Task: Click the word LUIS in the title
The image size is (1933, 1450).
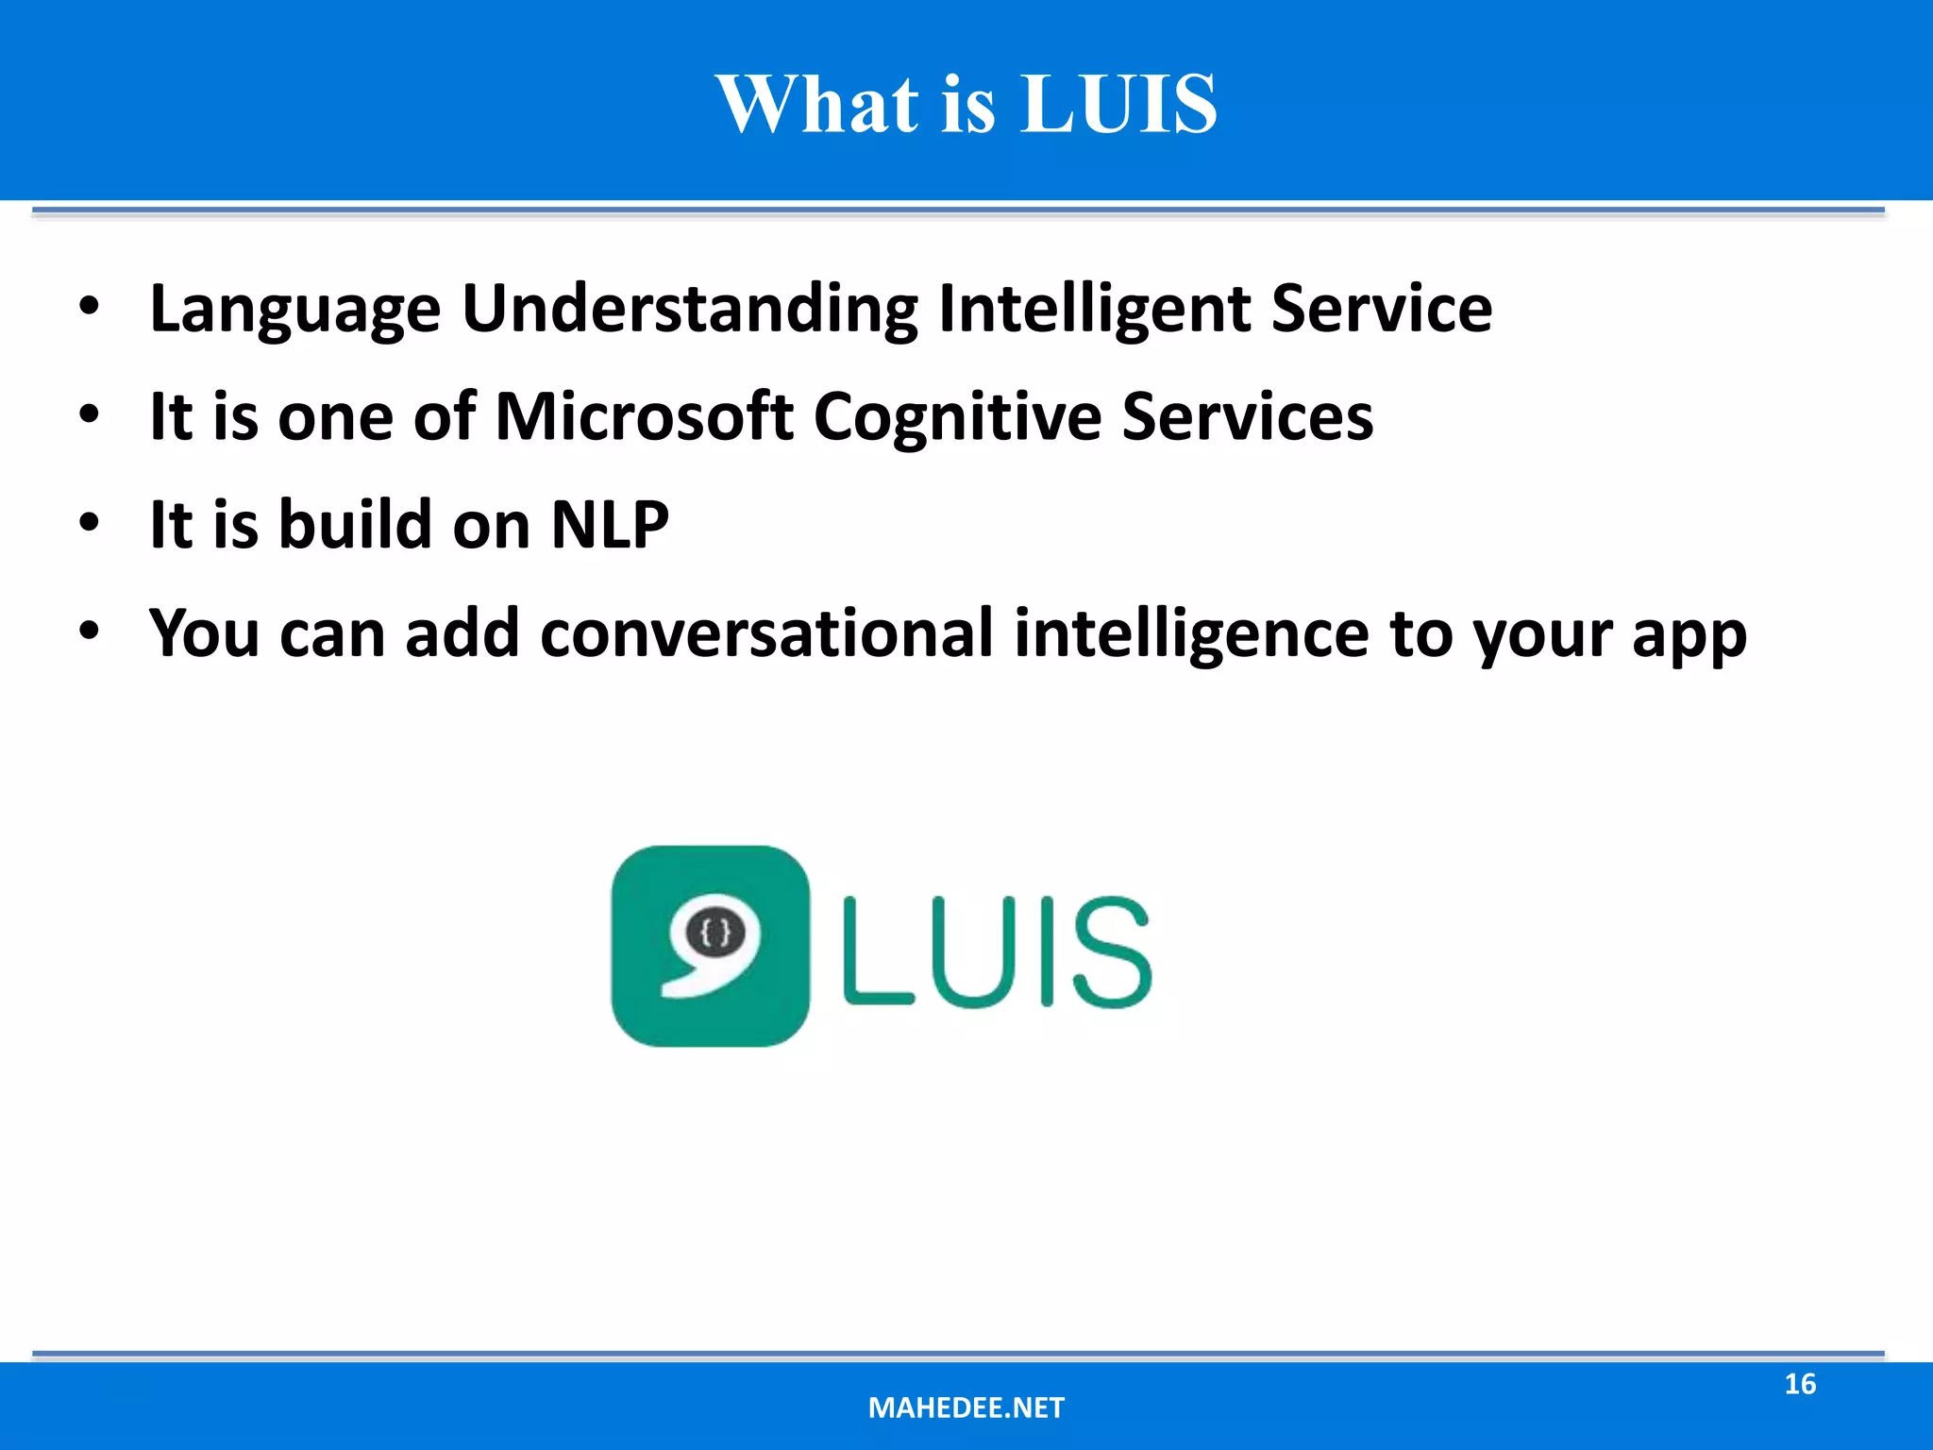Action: (1119, 104)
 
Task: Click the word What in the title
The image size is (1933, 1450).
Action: (817, 104)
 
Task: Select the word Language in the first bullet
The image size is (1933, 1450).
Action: (295, 310)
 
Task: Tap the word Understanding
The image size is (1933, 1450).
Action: (690, 310)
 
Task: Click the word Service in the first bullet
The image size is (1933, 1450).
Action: (1382, 310)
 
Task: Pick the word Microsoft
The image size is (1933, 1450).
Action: (645, 417)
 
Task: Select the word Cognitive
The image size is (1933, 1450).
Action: (957, 417)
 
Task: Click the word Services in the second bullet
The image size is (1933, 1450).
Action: (1248, 417)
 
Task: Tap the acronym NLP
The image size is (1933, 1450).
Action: (610, 525)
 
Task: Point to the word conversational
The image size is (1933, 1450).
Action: (766, 633)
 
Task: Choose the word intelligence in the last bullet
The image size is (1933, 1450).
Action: (1191, 633)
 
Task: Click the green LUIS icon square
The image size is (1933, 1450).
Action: (710, 946)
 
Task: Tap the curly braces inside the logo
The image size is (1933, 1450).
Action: (716, 934)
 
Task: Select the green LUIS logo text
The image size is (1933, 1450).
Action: (997, 951)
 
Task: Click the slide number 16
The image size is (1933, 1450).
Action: (1800, 1384)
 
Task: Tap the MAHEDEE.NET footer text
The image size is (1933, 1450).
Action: (966, 1408)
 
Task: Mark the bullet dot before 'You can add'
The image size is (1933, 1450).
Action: (89, 632)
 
